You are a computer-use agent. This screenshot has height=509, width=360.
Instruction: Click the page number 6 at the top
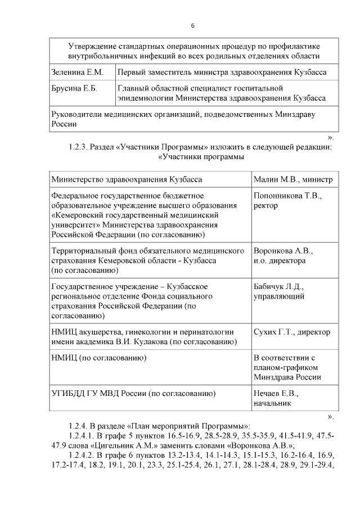[193, 26]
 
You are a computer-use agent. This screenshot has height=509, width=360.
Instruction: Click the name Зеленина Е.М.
[76, 73]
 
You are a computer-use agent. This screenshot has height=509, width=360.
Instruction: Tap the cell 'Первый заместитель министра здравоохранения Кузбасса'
[222, 73]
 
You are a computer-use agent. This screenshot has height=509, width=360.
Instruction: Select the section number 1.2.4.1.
[85, 436]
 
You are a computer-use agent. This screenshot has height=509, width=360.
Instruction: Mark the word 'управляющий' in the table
[280, 295]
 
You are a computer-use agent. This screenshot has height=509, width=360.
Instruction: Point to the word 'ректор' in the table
[266, 205]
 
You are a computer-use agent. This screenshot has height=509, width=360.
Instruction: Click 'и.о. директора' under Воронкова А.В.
[280, 260]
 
